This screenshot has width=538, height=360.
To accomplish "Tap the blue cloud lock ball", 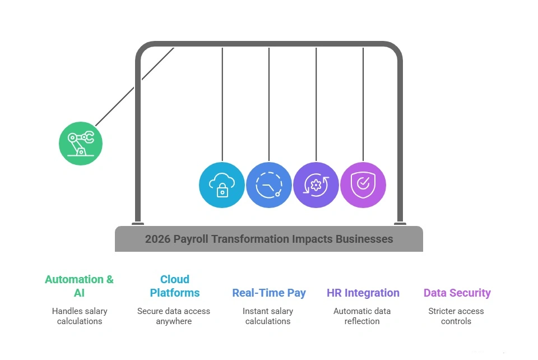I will coord(222,185).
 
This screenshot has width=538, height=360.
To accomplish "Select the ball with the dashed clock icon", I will coord(269,185).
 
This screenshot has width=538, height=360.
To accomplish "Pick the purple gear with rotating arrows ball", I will coord(316,185).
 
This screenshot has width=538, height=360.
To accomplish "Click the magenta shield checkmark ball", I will coord(363,185).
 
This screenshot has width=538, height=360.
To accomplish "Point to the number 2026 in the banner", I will coord(157,239).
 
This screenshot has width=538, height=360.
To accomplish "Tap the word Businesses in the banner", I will coord(364,239).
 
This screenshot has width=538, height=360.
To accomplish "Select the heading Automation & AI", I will coord(79,286).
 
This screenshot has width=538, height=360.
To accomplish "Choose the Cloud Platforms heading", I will coord(174,286).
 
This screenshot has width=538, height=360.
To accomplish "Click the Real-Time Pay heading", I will coord(269,293).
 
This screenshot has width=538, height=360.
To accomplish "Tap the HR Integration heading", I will coord(363,293).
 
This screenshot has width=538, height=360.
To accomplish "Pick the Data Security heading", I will coord(457,293).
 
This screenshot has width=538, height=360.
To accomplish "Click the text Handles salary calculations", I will coord(80,316).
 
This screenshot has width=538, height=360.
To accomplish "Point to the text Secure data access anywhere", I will coord(174,316).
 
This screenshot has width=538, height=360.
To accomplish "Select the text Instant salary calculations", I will coord(268,316).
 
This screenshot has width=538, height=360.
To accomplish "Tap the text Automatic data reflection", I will coord(362,316).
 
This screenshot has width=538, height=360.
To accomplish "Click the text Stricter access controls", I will coord(456,316).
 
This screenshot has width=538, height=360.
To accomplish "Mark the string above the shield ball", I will coord(363,101).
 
